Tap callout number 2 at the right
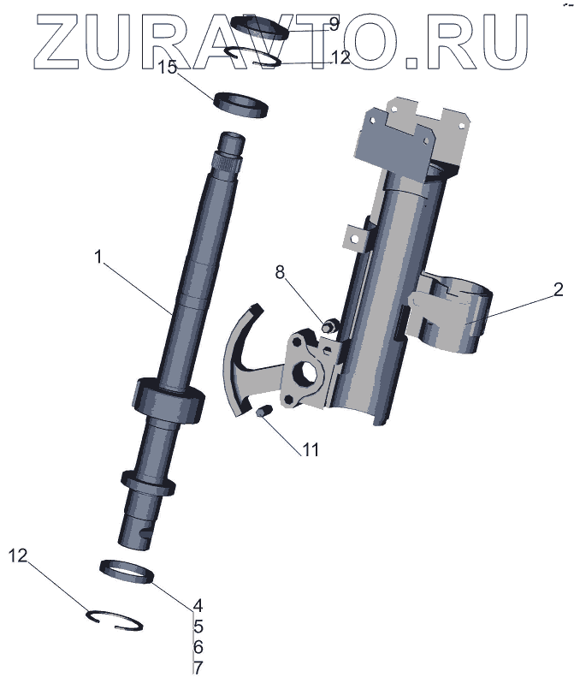coord(557,289)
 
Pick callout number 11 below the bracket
coord(309,448)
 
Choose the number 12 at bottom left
coord(19,556)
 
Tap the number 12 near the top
coord(340,58)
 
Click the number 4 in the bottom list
coord(198,605)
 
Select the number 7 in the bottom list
coord(198,667)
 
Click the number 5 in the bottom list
coord(198,626)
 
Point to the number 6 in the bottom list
coord(198,646)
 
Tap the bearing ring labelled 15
coord(241,104)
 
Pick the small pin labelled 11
coord(263,412)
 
